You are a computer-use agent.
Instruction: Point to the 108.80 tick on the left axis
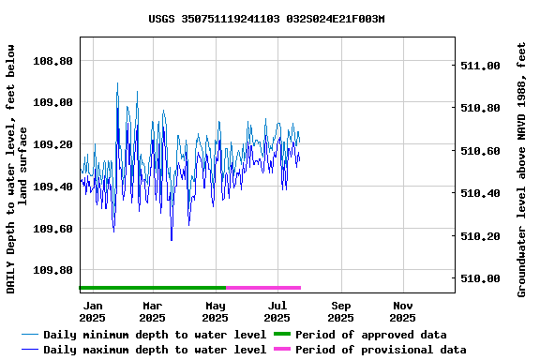(53, 61)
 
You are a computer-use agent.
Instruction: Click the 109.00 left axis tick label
(53, 102)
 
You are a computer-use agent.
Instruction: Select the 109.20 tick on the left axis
(53, 144)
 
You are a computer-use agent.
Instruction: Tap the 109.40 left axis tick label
(53, 187)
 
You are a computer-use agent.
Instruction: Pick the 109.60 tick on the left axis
(53, 229)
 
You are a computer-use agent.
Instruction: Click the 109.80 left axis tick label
(53, 270)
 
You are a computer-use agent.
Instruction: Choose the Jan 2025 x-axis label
(93, 311)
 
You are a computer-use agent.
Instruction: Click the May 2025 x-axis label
(216, 311)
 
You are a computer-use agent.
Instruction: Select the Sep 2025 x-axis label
(341, 311)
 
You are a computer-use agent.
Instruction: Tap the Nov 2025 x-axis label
(403, 311)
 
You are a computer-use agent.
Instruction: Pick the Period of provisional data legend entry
(380, 350)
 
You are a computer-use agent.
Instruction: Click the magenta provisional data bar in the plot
(263, 288)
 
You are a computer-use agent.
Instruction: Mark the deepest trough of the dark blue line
(172, 240)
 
